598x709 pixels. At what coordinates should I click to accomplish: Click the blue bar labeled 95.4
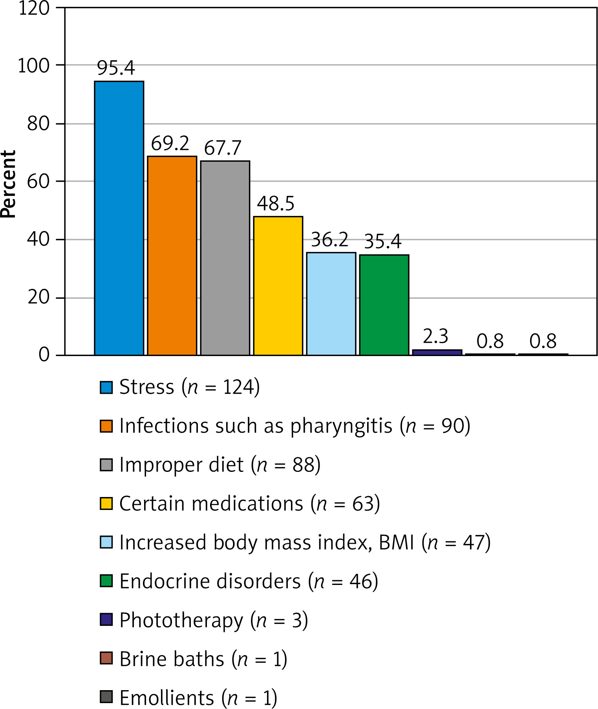pos(119,218)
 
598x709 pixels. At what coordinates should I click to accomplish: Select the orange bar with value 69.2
pos(172,256)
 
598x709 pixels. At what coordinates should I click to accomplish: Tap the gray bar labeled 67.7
pos(225,258)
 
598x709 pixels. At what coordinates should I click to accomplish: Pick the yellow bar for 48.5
pos(278,285)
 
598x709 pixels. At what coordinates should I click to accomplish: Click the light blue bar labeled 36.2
pos(331,303)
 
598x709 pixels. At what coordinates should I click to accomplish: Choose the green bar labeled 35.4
pos(384,305)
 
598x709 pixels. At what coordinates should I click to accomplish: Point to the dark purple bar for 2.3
pos(437,352)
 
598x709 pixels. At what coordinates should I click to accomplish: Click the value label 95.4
pos(116,68)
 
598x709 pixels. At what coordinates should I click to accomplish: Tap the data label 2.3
pos(435,336)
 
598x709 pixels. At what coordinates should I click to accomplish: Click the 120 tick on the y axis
pos(34,8)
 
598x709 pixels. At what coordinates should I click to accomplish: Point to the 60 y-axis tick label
pos(38,181)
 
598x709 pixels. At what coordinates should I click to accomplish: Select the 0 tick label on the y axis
pos(44,355)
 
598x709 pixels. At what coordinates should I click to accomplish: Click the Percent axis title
pos(8,184)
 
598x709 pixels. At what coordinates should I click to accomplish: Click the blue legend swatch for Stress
pos(106,387)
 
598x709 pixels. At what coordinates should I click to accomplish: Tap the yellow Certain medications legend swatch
pos(106,503)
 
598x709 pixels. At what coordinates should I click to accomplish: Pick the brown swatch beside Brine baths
pos(106,658)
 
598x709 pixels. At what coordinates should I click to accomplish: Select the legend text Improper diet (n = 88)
pos(220,465)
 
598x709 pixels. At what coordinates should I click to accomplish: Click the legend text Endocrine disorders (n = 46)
pos(249,581)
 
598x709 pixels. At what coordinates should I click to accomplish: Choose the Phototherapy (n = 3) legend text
pos(214,620)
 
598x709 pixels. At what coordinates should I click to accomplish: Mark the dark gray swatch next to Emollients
pos(106,697)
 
